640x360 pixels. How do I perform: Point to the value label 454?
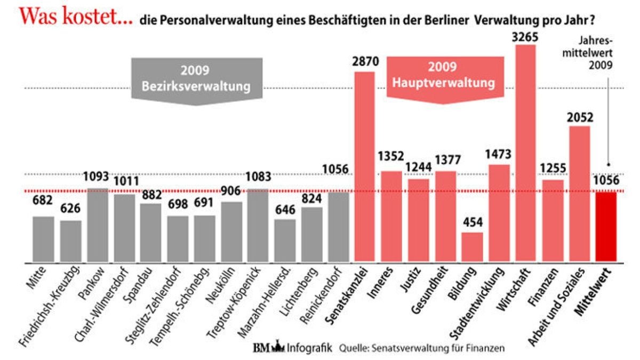click(x=472, y=222)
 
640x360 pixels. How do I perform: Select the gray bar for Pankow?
click(x=97, y=225)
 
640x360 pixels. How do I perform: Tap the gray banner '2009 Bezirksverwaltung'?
click(x=197, y=79)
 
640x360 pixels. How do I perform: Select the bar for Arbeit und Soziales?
click(x=579, y=194)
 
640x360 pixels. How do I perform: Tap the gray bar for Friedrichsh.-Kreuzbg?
click(x=70, y=241)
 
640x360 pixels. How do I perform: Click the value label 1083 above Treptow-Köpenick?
click(x=259, y=177)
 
